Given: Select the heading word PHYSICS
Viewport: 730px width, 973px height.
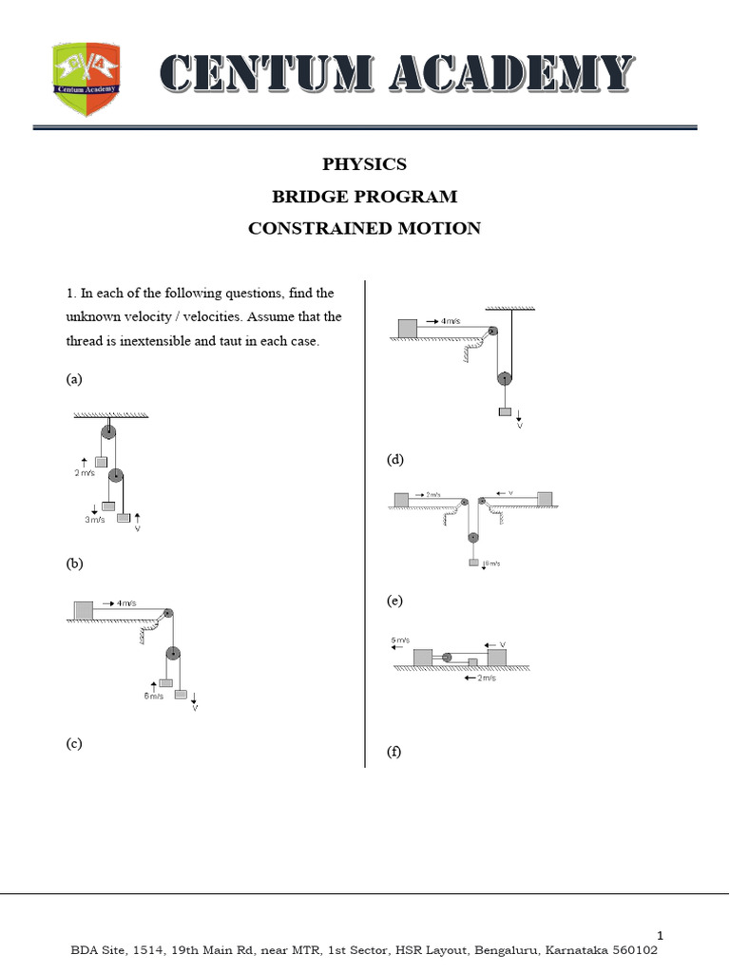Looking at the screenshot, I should [x=364, y=163].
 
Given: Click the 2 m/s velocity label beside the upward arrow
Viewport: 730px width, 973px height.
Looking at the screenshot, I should [x=85, y=471].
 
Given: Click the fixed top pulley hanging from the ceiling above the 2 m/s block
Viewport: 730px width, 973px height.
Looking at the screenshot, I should [x=108, y=433].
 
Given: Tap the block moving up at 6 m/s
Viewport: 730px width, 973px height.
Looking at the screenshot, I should [x=165, y=682].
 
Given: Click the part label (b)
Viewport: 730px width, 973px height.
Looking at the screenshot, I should [x=74, y=563].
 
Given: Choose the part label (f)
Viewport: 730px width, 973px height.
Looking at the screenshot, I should [x=394, y=752].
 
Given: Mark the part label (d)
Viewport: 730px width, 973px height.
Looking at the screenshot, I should [x=394, y=460].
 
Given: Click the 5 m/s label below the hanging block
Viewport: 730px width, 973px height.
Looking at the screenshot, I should [x=490, y=564].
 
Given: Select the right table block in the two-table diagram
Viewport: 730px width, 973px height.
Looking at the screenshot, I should [x=545, y=499].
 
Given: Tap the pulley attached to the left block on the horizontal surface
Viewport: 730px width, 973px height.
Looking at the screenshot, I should [x=446, y=656].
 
